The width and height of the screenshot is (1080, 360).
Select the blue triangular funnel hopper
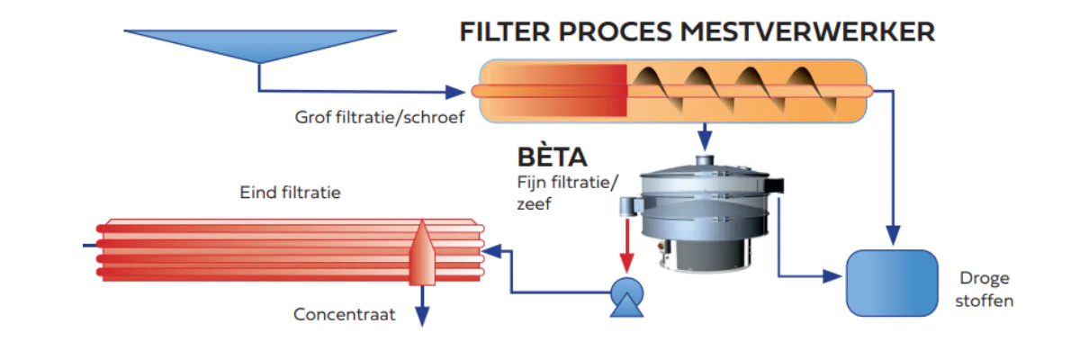[x=260, y=44]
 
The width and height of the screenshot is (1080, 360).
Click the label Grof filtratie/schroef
[x=379, y=116]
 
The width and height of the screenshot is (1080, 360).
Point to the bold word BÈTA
[x=552, y=157]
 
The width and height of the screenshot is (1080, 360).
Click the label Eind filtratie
[x=290, y=192]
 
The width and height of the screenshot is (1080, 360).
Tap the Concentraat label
[x=344, y=314]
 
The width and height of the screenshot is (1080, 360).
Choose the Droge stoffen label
[x=985, y=290]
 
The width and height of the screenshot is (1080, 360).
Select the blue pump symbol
[x=623, y=296]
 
